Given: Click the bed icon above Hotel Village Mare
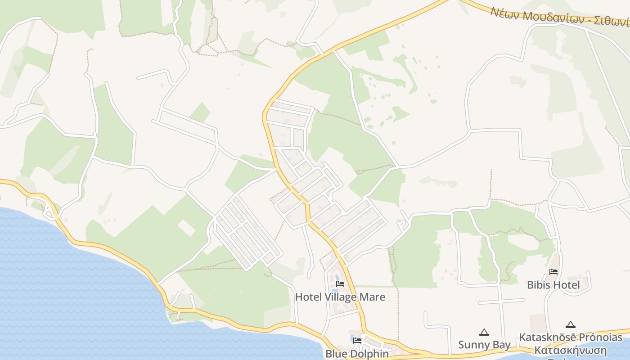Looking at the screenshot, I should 340,284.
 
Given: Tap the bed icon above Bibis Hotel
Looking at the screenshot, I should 553,272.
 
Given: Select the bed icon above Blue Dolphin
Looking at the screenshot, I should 357,340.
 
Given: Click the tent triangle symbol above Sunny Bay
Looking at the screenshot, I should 484,333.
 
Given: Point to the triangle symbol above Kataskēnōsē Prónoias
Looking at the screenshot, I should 571,324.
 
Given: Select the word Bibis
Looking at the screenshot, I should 538,285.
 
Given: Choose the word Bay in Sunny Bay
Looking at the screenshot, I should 501,345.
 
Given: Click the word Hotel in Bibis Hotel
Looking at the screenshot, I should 566,285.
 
